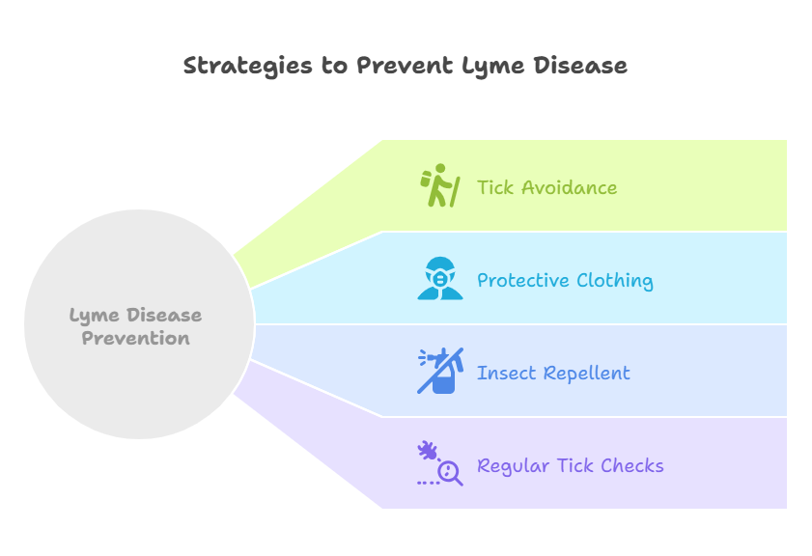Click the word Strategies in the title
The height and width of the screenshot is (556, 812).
[x=247, y=67]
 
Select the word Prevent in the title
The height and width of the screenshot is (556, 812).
[x=405, y=66]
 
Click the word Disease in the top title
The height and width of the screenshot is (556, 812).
[x=580, y=66]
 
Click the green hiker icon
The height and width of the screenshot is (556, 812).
[x=440, y=185]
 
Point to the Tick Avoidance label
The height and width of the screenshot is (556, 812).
[x=546, y=187]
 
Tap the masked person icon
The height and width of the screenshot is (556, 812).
[x=440, y=278]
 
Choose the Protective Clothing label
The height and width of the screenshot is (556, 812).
[x=565, y=281]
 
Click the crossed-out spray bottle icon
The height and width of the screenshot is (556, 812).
[x=440, y=371]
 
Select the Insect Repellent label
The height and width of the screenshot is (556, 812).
[x=553, y=374]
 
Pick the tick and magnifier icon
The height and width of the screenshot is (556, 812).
[x=440, y=463]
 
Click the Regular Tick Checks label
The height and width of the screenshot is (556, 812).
[x=571, y=466]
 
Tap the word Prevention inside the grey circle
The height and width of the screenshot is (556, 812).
[x=136, y=338]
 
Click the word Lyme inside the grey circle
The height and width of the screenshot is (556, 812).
[x=95, y=316]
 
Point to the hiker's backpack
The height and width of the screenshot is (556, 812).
[x=426, y=180]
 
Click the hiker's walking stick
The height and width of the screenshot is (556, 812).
[x=455, y=192]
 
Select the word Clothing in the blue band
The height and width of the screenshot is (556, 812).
[x=615, y=281]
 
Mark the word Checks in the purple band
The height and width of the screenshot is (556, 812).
[x=632, y=466]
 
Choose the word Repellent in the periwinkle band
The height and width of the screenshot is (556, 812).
[x=587, y=374]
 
